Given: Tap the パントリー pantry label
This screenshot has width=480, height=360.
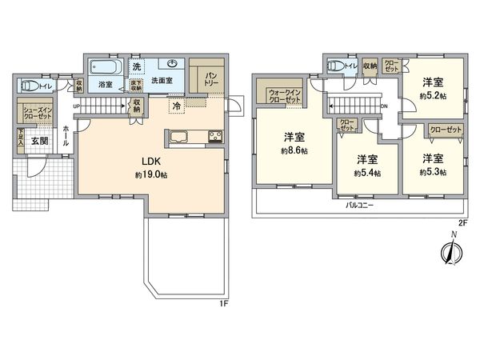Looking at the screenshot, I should tap(211, 79).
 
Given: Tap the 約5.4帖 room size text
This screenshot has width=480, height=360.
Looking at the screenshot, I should tap(367, 171).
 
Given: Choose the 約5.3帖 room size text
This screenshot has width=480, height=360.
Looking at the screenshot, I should tap(433, 171).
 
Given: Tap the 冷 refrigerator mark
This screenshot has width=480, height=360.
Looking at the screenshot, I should tap(174, 105).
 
